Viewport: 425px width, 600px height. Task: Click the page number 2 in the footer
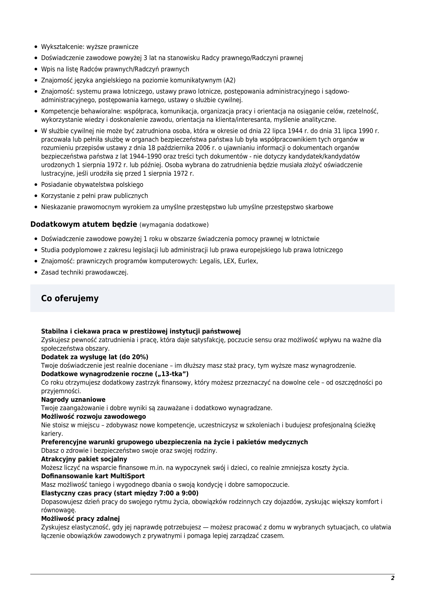point(393,578)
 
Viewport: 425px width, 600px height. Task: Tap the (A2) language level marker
point(230,80)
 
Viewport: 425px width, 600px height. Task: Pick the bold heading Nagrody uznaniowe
point(73,400)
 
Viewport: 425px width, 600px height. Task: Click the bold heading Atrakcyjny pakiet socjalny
point(84,459)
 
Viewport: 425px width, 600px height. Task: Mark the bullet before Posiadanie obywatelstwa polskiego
point(36,185)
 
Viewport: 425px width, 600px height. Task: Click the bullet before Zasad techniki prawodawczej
point(36,273)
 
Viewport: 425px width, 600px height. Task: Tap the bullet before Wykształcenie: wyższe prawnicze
point(36,47)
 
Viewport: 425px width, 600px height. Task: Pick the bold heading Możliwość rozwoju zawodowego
point(93,416)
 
